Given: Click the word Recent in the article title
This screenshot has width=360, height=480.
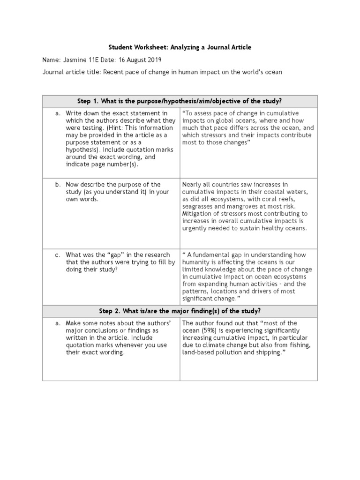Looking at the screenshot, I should (x=113, y=72).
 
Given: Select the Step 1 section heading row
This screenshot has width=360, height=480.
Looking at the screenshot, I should (x=180, y=101).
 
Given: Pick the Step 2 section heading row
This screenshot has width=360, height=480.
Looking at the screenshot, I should (x=180, y=311).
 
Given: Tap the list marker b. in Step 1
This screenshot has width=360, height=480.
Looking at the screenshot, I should (x=58, y=185).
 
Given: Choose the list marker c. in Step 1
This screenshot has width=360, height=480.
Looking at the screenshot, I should (x=58, y=255).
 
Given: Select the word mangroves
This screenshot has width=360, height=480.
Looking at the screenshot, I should (x=244, y=206).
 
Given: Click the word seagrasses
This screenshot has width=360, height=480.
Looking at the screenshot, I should (x=198, y=206).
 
